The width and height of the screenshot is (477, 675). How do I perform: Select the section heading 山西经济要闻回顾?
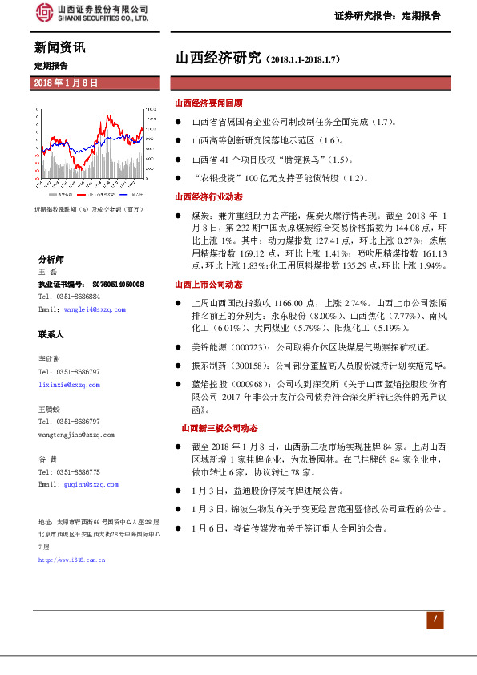tap(209, 104)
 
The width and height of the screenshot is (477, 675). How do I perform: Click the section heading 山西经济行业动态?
tap(209, 196)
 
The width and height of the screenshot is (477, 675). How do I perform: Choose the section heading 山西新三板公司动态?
tap(220, 429)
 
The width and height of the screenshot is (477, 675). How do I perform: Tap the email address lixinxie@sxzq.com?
tap(69, 385)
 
